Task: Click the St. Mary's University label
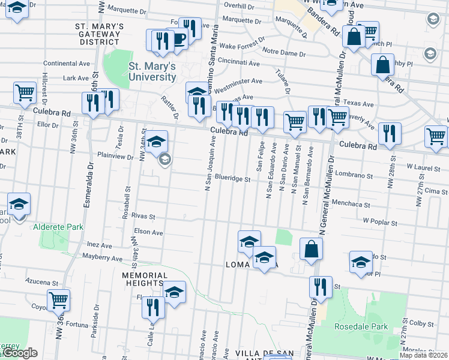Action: click(x=152, y=71)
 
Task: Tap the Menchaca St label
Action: click(x=351, y=204)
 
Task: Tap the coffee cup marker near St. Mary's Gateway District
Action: click(x=179, y=38)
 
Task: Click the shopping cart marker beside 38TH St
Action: click(x=25, y=93)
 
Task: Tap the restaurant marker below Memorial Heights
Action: click(x=153, y=307)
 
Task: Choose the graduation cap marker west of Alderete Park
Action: click(x=19, y=204)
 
